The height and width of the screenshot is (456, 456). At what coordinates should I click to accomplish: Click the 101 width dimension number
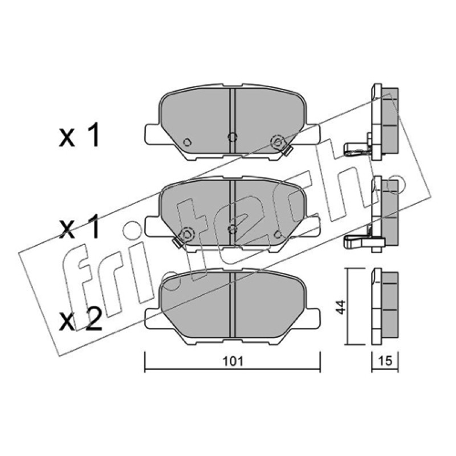233,361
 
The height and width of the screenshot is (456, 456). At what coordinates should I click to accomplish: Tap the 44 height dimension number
340,307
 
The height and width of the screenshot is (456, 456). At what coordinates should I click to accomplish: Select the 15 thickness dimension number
385,361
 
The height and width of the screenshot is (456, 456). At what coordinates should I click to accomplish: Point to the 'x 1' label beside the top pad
79,135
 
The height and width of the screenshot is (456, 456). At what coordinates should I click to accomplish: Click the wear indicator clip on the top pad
287,150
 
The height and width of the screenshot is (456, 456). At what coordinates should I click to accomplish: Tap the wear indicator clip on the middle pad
177,242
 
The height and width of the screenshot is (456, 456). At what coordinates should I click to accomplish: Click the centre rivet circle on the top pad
232,136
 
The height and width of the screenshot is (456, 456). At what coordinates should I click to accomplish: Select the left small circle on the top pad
188,142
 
